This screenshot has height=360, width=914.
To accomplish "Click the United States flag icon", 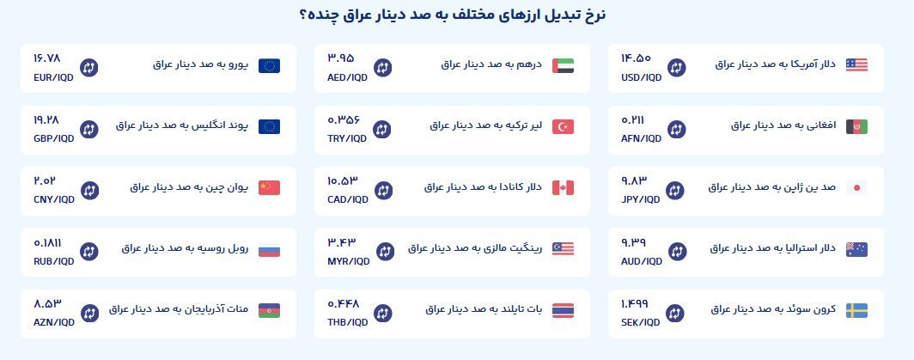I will coord(856,65).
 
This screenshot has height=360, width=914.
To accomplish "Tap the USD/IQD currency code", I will coord(641,77).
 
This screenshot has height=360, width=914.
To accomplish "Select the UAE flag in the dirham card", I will coord(563,65).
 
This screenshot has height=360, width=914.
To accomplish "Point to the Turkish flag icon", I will coord(563,126).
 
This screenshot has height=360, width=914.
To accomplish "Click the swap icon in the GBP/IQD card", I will coord(88,130).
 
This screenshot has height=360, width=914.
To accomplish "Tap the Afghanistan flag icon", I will coord(856,126).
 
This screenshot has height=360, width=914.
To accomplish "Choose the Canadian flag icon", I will coord(563,187).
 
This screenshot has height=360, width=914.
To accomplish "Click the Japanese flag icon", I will coord(856,187).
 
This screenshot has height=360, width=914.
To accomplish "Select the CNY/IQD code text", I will coord(52,199).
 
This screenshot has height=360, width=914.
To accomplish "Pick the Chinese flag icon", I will coord(269,187).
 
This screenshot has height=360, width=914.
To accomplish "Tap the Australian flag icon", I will coord(856,249).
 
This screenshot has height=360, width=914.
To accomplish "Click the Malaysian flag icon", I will coord(563,249).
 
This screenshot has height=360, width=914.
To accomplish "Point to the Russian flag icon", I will coord(269,249).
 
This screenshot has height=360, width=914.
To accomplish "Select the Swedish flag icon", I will coord(856,310).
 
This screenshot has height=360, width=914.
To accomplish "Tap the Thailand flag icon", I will coord(563,310).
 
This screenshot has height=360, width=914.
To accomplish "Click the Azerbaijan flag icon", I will coord(269,310).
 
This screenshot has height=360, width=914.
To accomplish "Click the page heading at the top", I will coord(457,15).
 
